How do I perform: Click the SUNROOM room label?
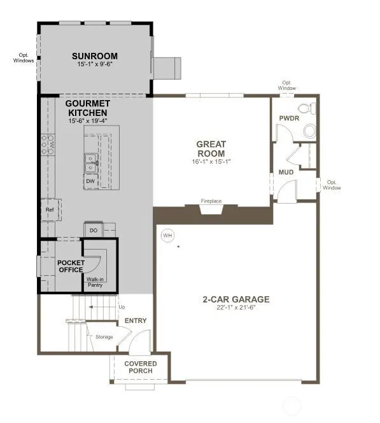tap(95, 56)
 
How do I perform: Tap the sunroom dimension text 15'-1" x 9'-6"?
tap(95, 64)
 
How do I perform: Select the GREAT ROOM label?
tap(211, 148)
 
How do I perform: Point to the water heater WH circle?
tap(167, 236)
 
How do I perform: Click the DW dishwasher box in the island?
tap(90, 182)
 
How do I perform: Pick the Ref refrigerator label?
tap(50, 210)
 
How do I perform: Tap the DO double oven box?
tap(94, 230)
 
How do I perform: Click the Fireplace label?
tap(211, 201)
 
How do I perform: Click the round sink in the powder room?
tap(309, 131)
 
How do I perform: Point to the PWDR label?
tap(289, 118)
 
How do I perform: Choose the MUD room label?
tap(286, 172)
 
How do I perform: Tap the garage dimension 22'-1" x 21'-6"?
tap(236, 307)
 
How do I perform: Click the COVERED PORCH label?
tap(141, 367)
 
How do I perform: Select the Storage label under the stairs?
tap(104, 337)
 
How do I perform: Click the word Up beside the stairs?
tap(122, 307)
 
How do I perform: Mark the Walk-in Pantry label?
tap(95, 282)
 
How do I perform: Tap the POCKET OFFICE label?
tap(71, 266)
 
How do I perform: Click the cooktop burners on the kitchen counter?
tap(48, 145)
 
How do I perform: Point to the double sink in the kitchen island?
tap(91, 163)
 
